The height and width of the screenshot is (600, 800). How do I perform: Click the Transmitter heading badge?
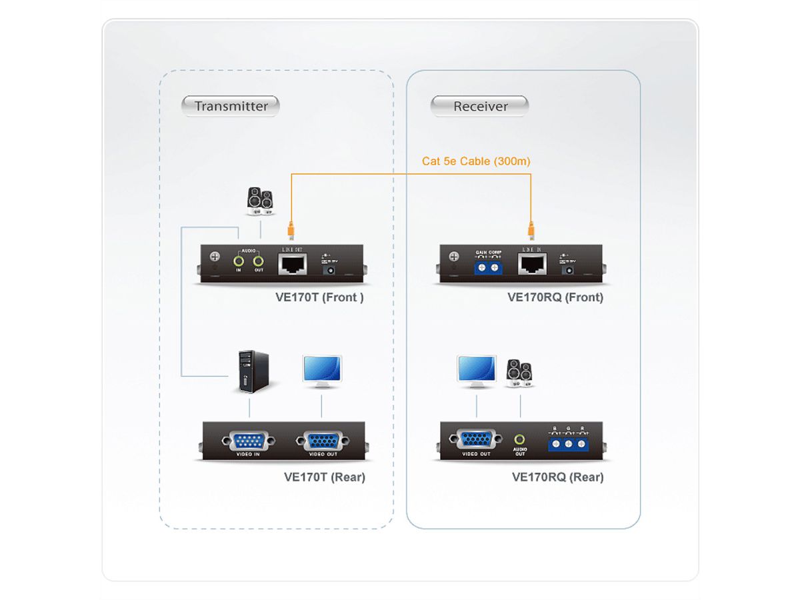tap(231, 106)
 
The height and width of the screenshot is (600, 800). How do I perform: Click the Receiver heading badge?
tap(480, 106)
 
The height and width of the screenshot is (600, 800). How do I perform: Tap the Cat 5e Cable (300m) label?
tap(476, 161)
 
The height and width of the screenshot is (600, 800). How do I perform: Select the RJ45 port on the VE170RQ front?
tap(532, 265)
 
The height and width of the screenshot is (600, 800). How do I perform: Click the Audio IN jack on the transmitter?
tap(238, 261)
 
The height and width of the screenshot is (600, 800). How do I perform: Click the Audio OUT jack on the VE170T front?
tap(259, 261)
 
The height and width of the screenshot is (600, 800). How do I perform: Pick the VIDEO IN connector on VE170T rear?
tap(248, 441)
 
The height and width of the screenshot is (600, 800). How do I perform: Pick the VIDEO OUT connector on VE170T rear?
tap(323, 441)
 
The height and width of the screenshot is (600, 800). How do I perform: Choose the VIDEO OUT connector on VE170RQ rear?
tap(476, 440)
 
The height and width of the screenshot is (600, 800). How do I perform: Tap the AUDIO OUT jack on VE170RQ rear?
tap(520, 440)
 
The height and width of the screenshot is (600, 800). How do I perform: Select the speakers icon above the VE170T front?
tap(259, 201)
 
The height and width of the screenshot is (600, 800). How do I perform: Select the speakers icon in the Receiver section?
tap(519, 373)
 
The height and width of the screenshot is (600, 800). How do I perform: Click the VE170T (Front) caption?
tap(319, 297)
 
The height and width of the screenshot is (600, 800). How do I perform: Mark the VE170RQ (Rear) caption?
tap(557, 477)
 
